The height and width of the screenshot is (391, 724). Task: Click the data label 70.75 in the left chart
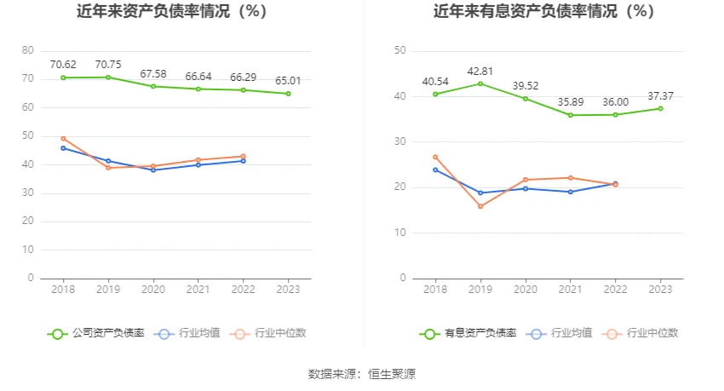108,64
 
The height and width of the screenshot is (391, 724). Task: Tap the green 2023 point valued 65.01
288,94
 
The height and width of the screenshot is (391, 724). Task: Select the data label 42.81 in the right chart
480,71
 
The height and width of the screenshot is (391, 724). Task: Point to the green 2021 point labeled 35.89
570,115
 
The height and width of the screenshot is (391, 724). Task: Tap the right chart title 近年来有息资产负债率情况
543,12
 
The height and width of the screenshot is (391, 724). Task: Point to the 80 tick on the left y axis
29,50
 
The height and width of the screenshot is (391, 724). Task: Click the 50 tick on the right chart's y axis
400,50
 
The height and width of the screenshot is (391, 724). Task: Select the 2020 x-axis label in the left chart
153,290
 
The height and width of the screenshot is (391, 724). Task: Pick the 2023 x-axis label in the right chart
660,290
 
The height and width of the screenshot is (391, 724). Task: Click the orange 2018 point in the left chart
63,138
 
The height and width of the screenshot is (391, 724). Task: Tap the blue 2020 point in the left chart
153,170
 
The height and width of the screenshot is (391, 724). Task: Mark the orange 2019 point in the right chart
480,206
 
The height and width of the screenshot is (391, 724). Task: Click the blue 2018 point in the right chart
435,170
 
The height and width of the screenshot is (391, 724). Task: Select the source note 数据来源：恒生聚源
361,374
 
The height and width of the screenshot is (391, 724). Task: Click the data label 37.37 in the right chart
660,95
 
